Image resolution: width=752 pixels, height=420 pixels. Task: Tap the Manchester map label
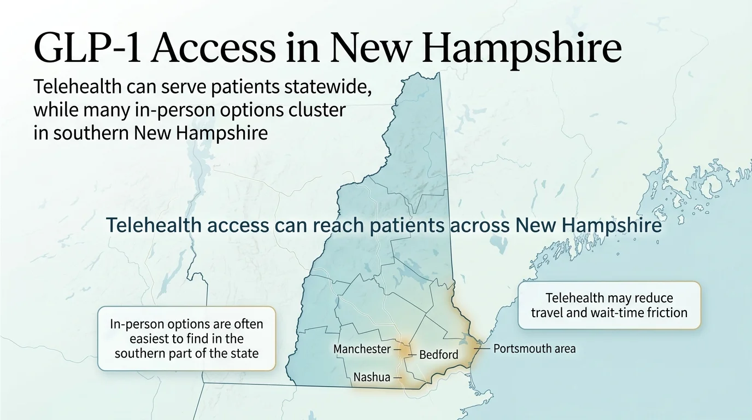362,349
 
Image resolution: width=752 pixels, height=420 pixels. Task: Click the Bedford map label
438,355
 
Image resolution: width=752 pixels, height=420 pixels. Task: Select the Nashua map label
372,377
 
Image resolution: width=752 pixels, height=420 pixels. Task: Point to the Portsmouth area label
534,348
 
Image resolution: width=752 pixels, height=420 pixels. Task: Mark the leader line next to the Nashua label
397,377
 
